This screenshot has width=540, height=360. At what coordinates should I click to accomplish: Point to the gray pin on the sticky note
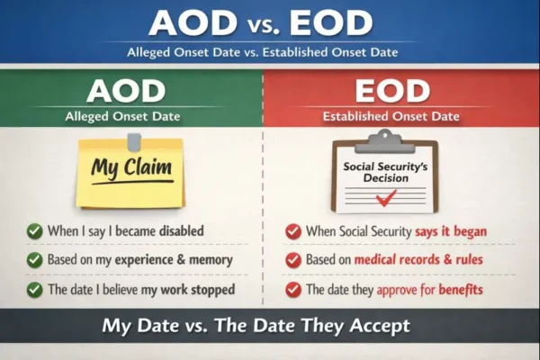pyautogui.click(x=134, y=141)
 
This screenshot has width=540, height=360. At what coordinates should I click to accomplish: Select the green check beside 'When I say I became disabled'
pyautogui.click(x=34, y=231)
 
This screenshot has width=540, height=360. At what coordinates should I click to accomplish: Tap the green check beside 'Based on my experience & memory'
pyautogui.click(x=34, y=260)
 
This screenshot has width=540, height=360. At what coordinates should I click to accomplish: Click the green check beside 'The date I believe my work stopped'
pyautogui.click(x=34, y=290)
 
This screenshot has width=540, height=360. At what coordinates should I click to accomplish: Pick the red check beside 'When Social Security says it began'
pyautogui.click(x=293, y=231)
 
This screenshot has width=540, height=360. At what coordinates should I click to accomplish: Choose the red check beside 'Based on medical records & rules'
pyautogui.click(x=293, y=260)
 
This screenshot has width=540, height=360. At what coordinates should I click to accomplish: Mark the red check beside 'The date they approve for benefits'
pyautogui.click(x=293, y=290)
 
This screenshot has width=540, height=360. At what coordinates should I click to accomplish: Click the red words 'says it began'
pyautogui.click(x=451, y=231)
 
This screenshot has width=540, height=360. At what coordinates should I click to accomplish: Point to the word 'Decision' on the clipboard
pyautogui.click(x=385, y=177)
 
